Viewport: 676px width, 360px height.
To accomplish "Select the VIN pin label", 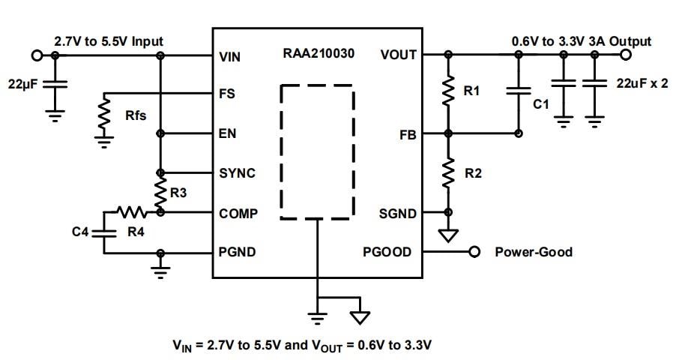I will tap(230, 55).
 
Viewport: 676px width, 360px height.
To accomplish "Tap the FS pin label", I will tap(226, 94).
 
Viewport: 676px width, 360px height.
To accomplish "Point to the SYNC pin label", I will tap(238, 172).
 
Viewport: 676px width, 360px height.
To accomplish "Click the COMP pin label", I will tap(238, 213).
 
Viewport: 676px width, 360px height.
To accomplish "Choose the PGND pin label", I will tap(238, 252).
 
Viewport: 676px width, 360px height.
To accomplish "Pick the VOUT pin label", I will tap(398, 55).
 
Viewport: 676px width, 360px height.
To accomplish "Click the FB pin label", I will tap(408, 135).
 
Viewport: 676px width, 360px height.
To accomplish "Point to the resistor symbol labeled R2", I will tap(448, 173).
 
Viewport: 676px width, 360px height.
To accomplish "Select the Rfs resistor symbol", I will tap(105, 114).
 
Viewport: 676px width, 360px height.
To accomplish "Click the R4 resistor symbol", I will tap(134, 212).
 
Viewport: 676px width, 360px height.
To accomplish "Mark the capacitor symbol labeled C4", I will tap(104, 232).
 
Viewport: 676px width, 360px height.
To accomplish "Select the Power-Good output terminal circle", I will tap(474, 252).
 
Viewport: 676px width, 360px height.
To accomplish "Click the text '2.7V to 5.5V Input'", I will tap(109, 40).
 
